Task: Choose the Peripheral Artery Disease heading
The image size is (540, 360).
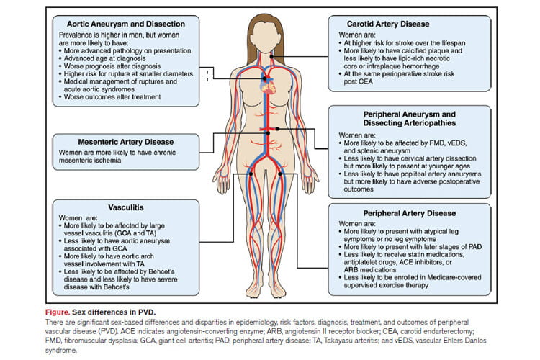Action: pyautogui.click(x=410, y=213)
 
